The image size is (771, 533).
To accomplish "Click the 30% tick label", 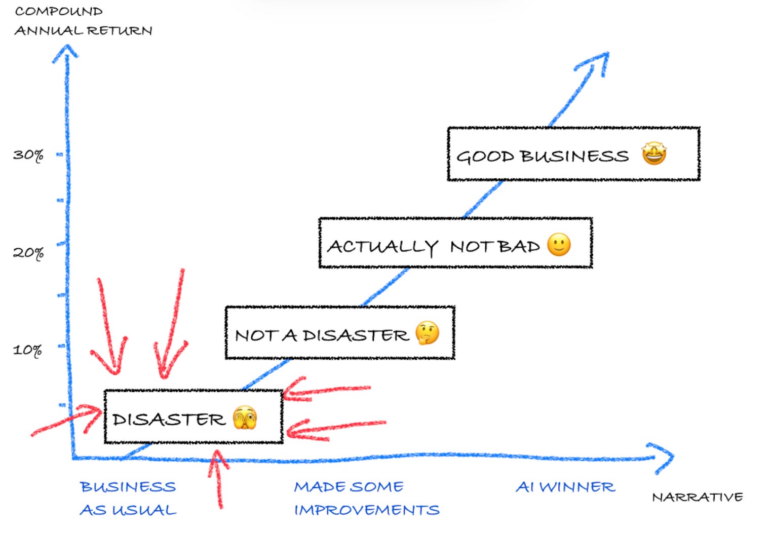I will [28, 155].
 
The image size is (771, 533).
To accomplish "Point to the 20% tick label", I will [28, 252].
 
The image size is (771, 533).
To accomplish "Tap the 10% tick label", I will [27, 350].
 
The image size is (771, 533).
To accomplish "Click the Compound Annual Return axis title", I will [83, 21].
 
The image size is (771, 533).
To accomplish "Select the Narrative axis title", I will [697, 497].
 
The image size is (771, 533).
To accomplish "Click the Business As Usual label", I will [128, 498].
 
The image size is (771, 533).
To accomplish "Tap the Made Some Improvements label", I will [366, 498].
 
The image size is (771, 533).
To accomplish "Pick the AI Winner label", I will [565, 487].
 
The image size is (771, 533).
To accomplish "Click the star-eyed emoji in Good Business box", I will [654, 154].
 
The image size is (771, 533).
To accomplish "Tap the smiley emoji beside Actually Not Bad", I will [559, 245].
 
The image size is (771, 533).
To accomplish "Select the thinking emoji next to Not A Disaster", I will [427, 333].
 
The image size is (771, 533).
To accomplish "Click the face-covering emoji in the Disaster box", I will [245, 417].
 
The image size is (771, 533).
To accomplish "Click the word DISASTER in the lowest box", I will [169, 420].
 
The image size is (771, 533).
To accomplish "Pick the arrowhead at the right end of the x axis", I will [664, 457].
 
